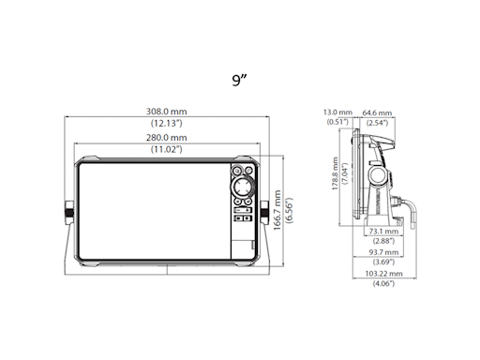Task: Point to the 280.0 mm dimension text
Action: tap(166, 138)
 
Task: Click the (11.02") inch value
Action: tap(166, 149)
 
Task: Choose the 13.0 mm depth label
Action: tap(336, 111)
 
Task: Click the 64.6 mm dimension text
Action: tap(377, 111)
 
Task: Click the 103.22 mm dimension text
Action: tap(382, 273)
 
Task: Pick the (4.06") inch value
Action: tap(382, 284)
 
